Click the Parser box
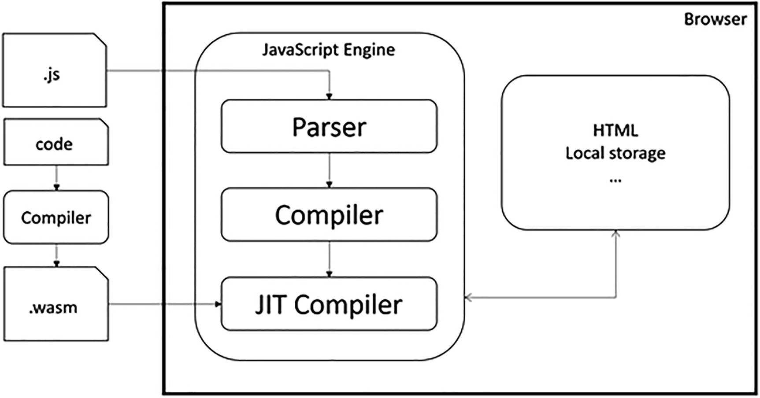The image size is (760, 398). coord(329,126)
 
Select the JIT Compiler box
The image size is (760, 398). coord(329,304)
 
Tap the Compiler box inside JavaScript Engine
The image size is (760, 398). coord(329,215)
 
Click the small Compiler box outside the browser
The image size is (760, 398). coord(56,217)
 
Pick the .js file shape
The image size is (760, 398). coord(54,70)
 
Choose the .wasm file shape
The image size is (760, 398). coord(56,304)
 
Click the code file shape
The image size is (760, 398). coord(56,142)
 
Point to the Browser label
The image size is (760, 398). coord(715,19)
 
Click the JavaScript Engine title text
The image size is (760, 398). coord(328,49)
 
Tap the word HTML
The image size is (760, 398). coord(615,130)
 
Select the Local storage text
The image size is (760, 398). coord(615,153)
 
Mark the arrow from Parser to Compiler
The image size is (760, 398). coord(329,170)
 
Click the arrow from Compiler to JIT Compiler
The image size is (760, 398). coord(329,259)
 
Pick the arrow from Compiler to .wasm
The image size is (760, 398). coord(56,255)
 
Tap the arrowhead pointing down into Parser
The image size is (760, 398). coord(329,96)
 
